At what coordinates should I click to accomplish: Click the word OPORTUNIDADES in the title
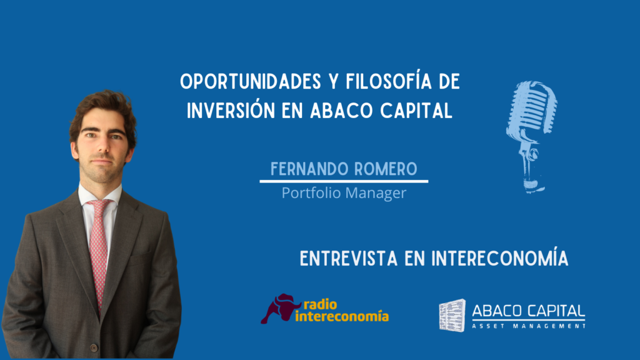click(x=251, y=82)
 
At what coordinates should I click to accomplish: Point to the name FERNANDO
click(x=309, y=169)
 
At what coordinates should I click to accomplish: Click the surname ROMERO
click(x=386, y=169)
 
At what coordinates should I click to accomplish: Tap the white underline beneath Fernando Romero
click(x=344, y=181)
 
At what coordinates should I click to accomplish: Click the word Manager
click(x=376, y=194)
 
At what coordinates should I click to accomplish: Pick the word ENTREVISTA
click(x=349, y=259)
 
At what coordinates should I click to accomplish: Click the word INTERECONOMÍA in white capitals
click(x=500, y=257)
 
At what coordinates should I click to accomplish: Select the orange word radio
click(x=321, y=304)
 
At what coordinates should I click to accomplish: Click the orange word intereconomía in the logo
click(x=342, y=316)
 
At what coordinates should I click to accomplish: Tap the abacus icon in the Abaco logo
click(x=452, y=315)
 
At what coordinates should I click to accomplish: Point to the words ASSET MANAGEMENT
click(x=529, y=326)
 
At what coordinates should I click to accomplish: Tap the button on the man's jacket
click(x=94, y=347)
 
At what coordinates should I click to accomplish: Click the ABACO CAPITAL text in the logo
click(x=529, y=311)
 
